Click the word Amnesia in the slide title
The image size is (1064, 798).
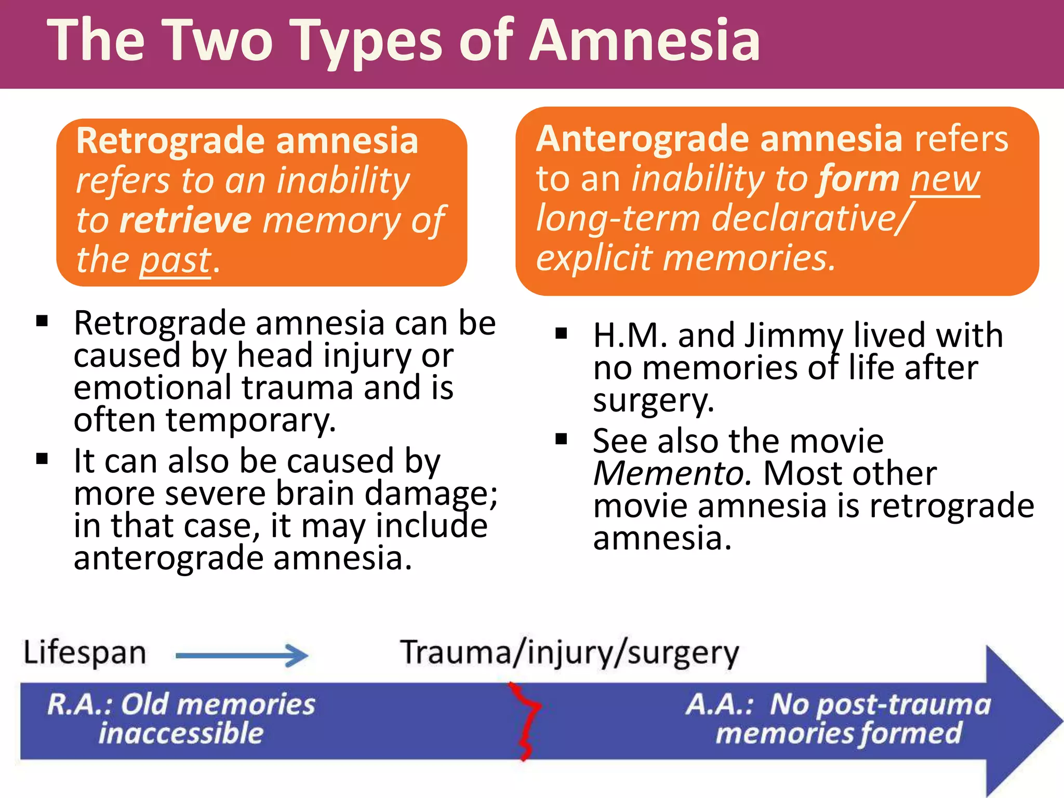tap(644, 41)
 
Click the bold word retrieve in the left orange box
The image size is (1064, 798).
tap(185, 220)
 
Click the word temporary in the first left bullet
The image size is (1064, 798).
tap(250, 420)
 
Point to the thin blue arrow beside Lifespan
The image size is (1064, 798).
tap(242, 656)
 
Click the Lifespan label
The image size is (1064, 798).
tap(85, 653)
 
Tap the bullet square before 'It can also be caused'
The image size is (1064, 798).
tap(42, 459)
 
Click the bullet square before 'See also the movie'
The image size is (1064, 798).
tap(561, 440)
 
